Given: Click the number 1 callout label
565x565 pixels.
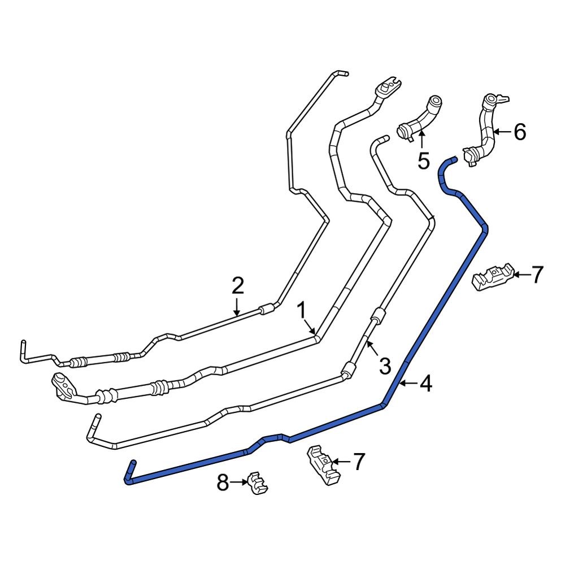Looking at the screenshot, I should [x=302, y=310].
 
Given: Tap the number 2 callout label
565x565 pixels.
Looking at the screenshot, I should [x=238, y=286].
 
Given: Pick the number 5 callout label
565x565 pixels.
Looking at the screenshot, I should [x=423, y=160].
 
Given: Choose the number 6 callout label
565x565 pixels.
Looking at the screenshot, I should [x=519, y=132].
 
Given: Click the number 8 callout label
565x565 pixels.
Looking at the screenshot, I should [x=223, y=483].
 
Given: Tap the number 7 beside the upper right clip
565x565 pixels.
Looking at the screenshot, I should [x=537, y=275].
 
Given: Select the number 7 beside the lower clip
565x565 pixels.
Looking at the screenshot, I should [x=359, y=462].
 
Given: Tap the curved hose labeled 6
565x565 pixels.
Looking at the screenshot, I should [x=484, y=130].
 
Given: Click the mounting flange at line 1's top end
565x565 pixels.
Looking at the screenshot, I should [x=388, y=88].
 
